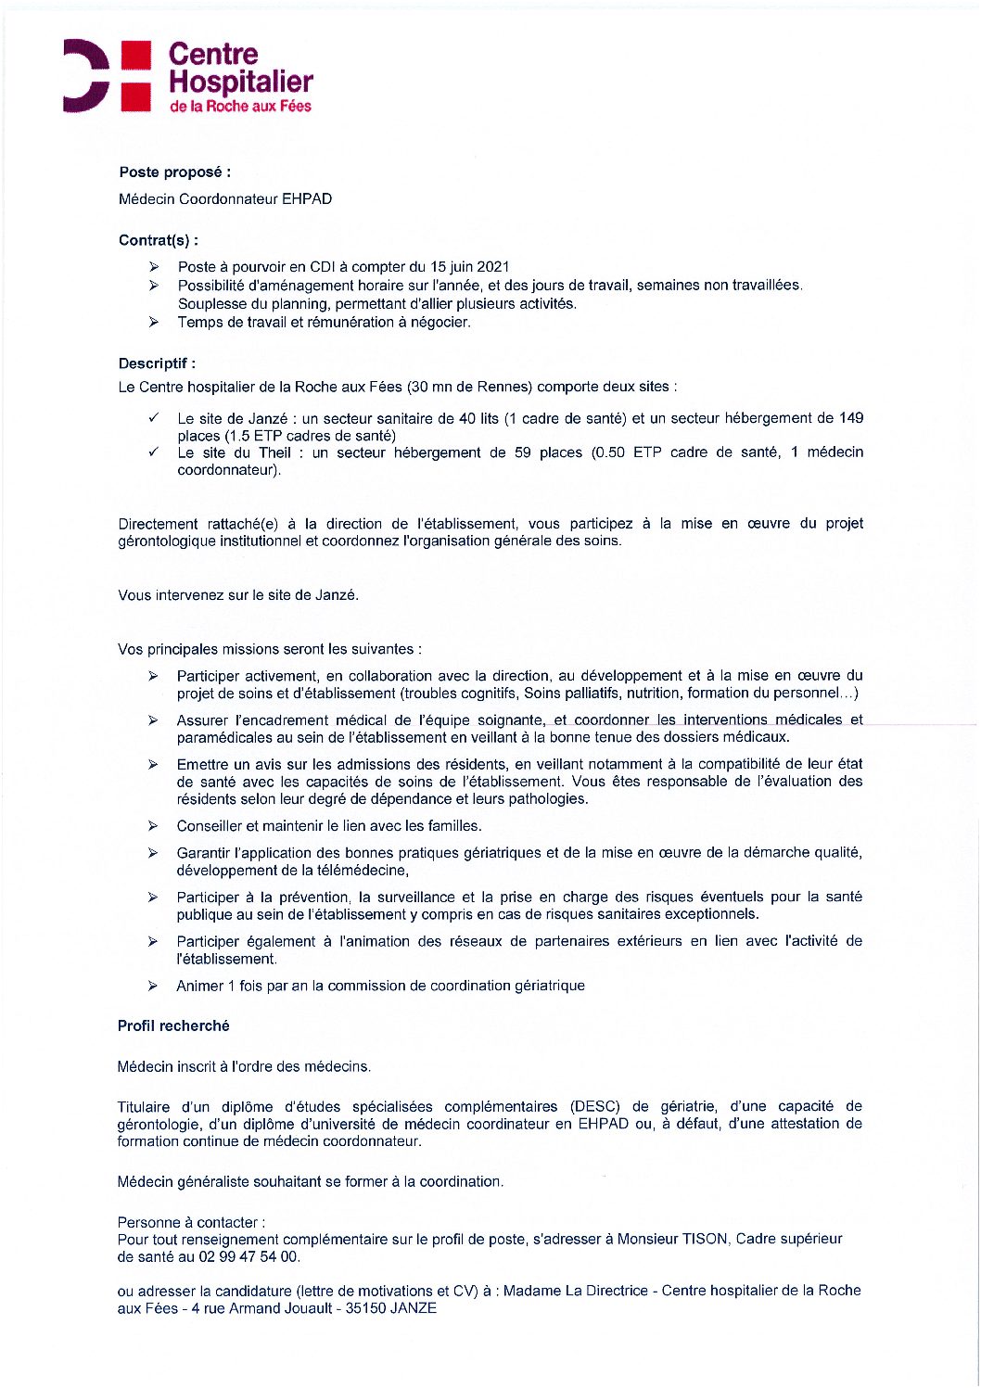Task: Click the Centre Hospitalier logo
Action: coord(188,77)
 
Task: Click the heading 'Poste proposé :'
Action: coord(174,172)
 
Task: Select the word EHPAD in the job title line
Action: coord(307,199)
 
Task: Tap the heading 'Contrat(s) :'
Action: coord(159,240)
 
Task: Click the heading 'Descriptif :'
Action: coord(157,363)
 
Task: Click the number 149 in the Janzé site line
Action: coord(851,418)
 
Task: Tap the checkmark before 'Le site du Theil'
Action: coord(153,452)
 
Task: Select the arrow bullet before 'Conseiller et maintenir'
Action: coord(153,826)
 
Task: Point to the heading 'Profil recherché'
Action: coord(173,1025)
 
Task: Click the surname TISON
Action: coord(705,1239)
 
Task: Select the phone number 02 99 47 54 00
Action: coord(249,1256)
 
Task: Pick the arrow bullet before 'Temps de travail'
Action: coord(153,323)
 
